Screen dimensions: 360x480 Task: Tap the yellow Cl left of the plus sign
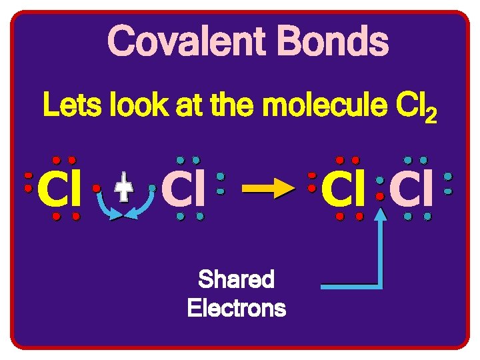click(60, 189)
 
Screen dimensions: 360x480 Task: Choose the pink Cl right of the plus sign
click(183, 189)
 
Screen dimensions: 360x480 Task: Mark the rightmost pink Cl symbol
click(411, 189)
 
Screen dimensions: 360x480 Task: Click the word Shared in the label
click(236, 279)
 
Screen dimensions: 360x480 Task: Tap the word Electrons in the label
click(236, 309)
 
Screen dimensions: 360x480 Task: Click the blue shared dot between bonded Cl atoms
click(379, 181)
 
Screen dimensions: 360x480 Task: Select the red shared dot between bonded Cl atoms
click(379, 197)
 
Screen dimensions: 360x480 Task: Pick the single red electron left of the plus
click(97, 189)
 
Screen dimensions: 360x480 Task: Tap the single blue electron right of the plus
click(153, 189)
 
